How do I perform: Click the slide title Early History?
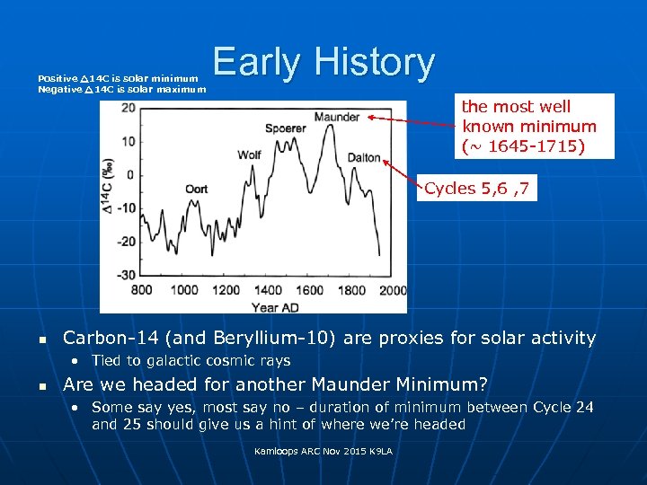pos(323,62)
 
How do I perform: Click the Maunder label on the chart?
pos(337,117)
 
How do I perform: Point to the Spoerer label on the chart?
pos(286,129)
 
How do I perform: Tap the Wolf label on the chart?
pos(250,154)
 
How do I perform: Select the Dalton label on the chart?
pos(364,158)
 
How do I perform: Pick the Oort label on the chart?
pos(196,189)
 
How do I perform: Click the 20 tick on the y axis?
pos(129,108)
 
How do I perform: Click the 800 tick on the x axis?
pos(142,290)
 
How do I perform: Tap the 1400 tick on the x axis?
pos(269,290)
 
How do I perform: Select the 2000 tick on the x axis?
pos(393,290)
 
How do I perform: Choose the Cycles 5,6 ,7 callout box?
pos(477,189)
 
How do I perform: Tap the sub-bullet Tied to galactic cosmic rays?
pos(191,361)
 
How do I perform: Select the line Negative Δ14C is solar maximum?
pos(121,89)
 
